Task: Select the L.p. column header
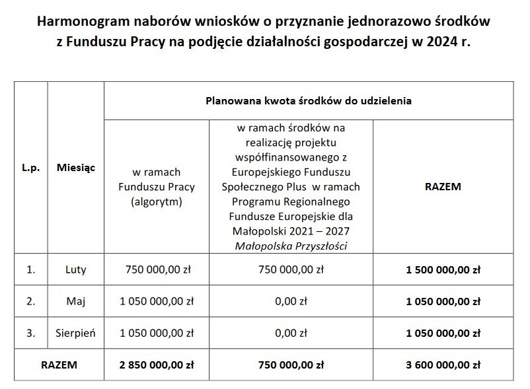click(x=31, y=168)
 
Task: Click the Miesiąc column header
click(x=76, y=168)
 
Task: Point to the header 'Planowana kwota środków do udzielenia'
click(x=309, y=101)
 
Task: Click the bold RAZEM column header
click(x=443, y=186)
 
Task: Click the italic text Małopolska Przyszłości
click(x=291, y=245)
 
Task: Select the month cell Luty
click(x=76, y=269)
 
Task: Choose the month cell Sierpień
click(x=76, y=333)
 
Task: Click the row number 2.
click(x=30, y=301)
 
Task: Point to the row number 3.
click(x=30, y=333)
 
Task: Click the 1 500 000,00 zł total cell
click(x=443, y=269)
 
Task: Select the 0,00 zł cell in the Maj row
click(x=291, y=301)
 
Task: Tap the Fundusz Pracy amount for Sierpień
click(x=156, y=333)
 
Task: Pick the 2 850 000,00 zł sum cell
click(x=156, y=364)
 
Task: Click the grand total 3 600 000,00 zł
click(x=443, y=364)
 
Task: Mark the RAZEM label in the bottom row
click(x=59, y=364)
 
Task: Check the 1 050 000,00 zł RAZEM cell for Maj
click(x=443, y=301)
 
